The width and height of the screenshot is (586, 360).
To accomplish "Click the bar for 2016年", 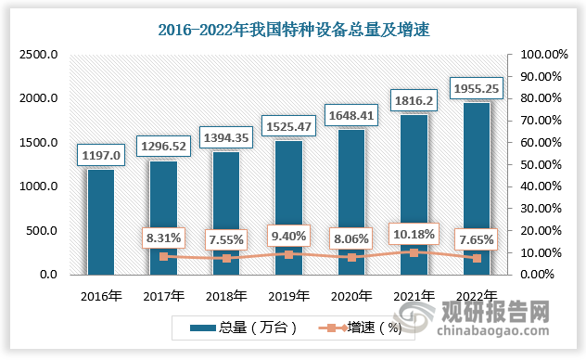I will point(101,222).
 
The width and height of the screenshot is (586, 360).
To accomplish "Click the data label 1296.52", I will point(163,146).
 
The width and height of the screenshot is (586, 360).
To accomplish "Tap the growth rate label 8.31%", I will point(163,238).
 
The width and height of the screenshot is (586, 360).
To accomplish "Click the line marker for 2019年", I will point(288,254).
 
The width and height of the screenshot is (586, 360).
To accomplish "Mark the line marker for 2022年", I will point(477,258).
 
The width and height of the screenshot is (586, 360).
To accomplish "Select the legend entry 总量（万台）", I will point(237,328).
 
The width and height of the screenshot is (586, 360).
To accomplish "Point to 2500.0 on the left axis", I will point(40,56).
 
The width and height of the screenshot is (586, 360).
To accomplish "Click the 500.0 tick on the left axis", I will point(44,231).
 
